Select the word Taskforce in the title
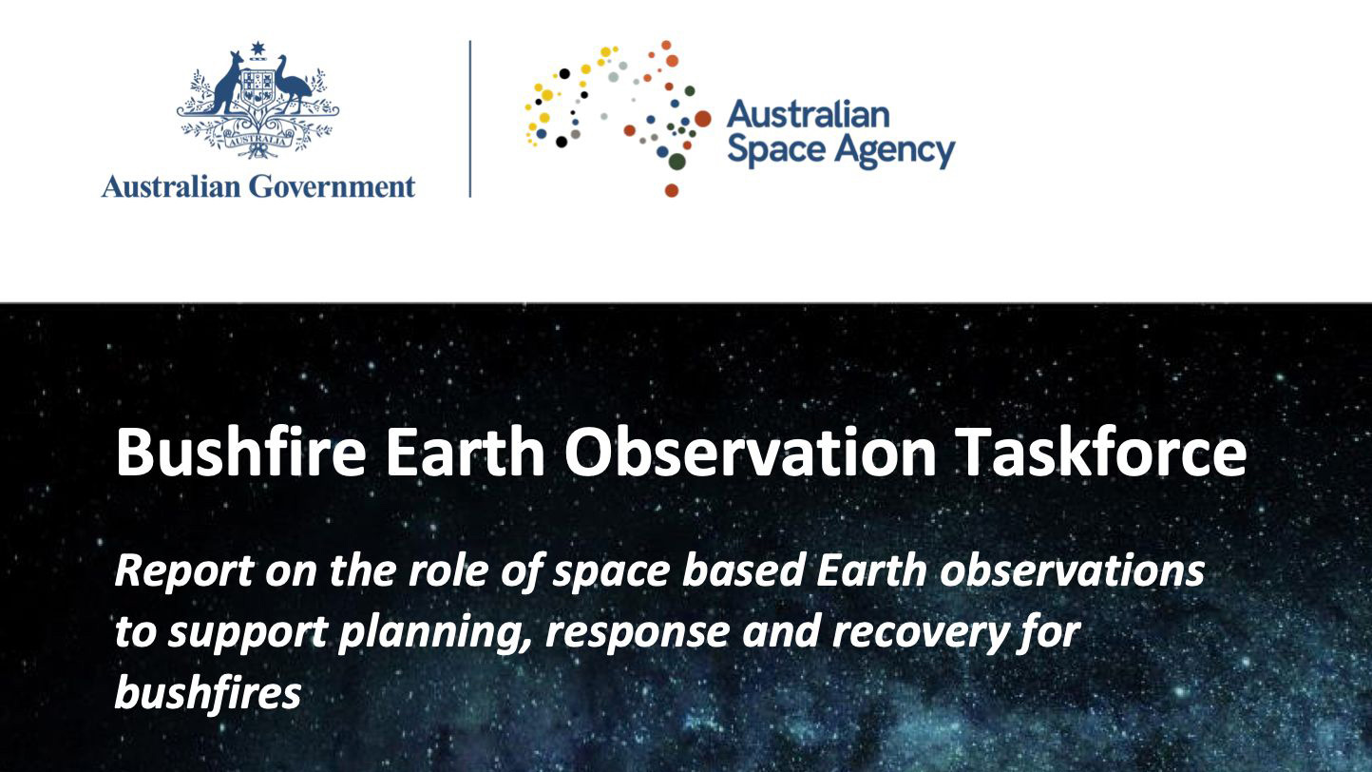click(1100, 453)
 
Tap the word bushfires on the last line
click(207, 694)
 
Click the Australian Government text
click(258, 185)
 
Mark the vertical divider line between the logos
click(470, 118)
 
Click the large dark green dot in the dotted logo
click(676, 162)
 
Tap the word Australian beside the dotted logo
click(808, 115)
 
